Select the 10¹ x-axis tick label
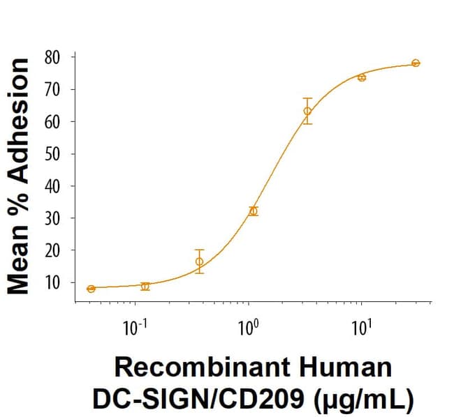coord(360,327)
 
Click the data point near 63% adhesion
coord(307,111)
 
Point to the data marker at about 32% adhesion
coord(254,211)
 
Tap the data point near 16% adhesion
coord(200,261)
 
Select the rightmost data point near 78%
coord(416,63)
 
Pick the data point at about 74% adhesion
coord(362,77)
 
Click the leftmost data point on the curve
coord(91,289)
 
